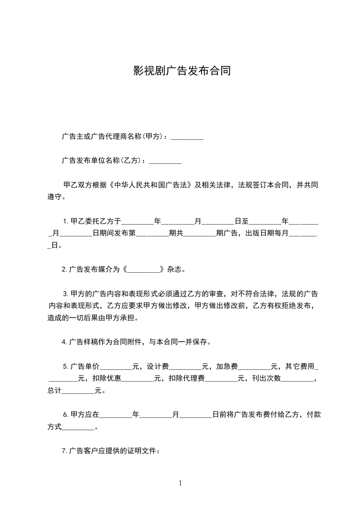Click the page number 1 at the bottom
click(180, 483)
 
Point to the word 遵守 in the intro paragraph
click(54, 197)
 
